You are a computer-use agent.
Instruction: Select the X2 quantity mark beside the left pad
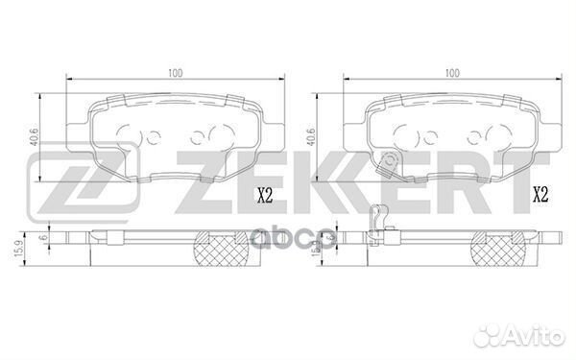pyautogui.click(x=265, y=196)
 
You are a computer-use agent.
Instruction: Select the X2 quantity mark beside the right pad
pyautogui.click(x=540, y=196)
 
